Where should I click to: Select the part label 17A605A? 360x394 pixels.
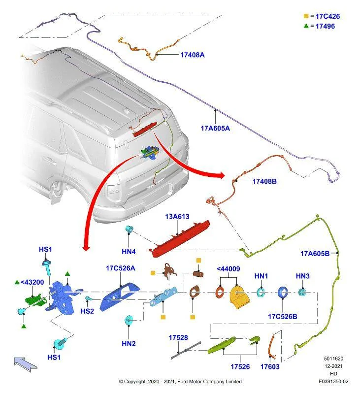click(215, 128)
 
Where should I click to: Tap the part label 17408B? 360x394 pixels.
click(264, 181)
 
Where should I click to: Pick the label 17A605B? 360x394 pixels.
click(315, 254)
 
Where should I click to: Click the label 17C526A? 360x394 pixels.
click(120, 268)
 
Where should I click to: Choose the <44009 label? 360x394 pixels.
click(228, 269)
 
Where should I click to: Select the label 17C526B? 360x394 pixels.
click(283, 316)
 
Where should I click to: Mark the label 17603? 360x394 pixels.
click(270, 367)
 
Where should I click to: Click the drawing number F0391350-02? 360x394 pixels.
click(333, 381)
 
